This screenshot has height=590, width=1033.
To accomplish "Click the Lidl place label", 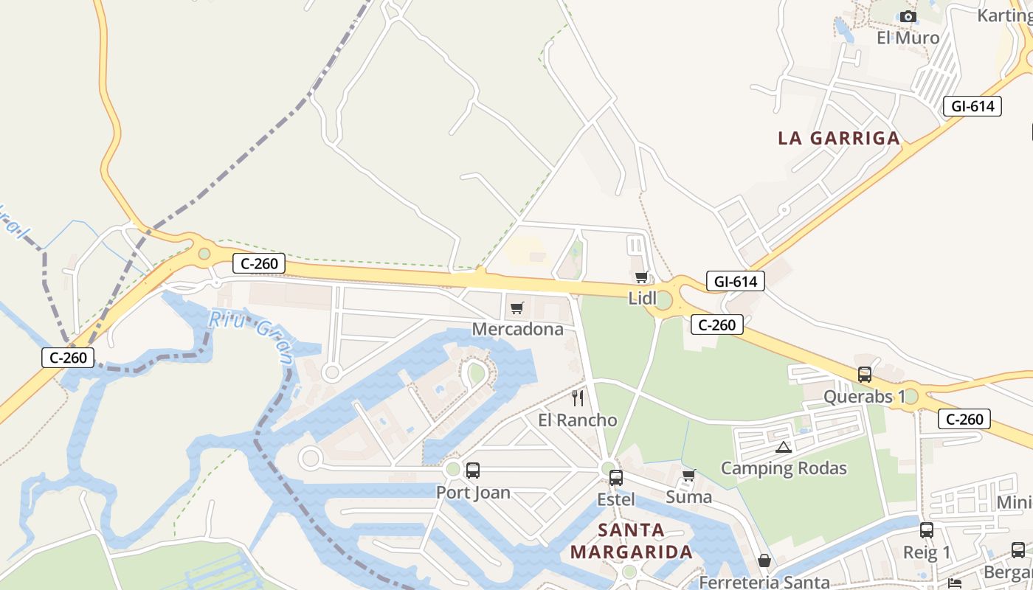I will (642, 298).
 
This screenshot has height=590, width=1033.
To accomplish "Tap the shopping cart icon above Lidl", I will (641, 277).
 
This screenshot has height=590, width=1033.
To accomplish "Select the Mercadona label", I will (517, 329).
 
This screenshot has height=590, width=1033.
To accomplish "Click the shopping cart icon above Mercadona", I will (516, 308).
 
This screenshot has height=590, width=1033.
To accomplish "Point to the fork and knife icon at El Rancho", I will (578, 398).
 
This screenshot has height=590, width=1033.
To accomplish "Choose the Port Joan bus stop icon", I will (473, 470).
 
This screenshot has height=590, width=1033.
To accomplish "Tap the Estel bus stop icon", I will (616, 477).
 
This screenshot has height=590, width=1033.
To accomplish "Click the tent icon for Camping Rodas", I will (784, 447).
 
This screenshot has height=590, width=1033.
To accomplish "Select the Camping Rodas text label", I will (784, 468).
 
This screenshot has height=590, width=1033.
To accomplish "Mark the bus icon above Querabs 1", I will (865, 375).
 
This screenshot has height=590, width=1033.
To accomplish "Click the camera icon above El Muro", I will (908, 16).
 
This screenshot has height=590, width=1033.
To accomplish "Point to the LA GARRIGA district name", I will (839, 138).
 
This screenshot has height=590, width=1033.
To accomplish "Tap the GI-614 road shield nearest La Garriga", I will (972, 106).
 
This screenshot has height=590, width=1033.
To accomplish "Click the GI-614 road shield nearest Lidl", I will (735, 281).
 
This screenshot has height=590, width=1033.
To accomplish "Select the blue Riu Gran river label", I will (252, 336).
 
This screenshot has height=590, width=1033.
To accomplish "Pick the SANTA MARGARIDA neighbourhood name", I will (632, 541).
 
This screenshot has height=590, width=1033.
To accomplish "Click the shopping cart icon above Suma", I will (688, 475).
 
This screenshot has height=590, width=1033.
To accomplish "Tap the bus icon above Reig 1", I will (927, 530).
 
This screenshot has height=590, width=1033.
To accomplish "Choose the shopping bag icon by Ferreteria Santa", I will (764, 561).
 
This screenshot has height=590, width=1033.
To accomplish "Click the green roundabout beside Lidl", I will (663, 300).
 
